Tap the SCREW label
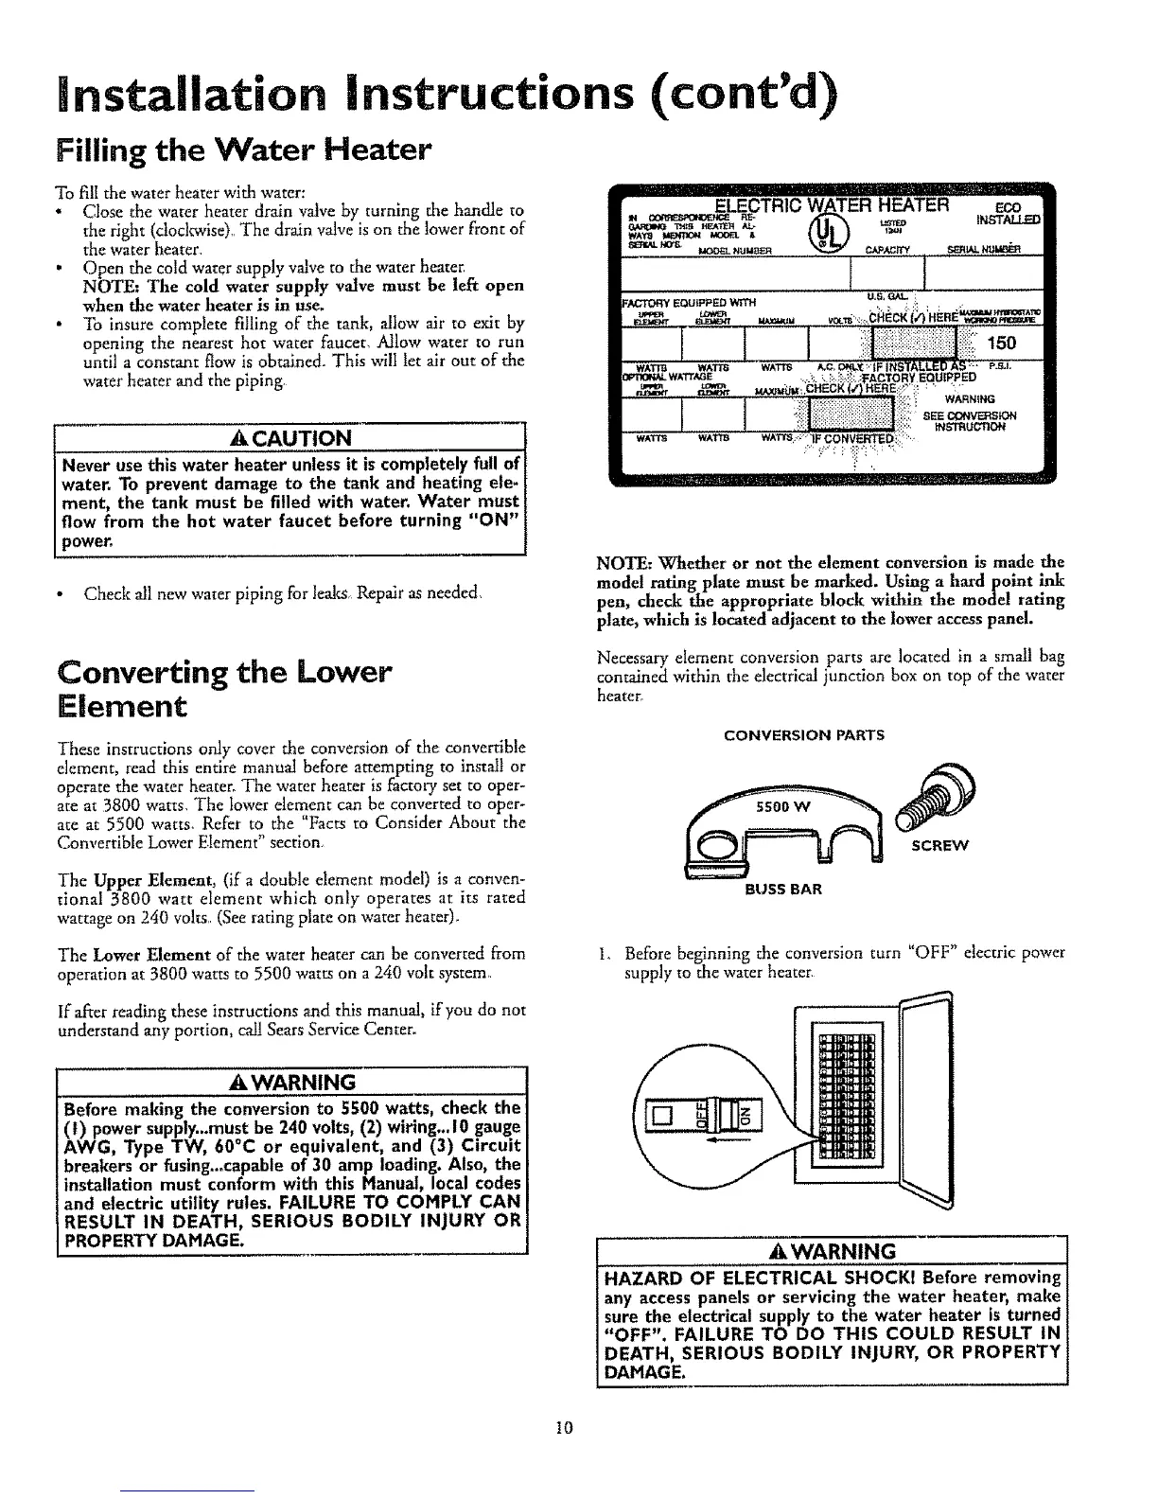tap(939, 846)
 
